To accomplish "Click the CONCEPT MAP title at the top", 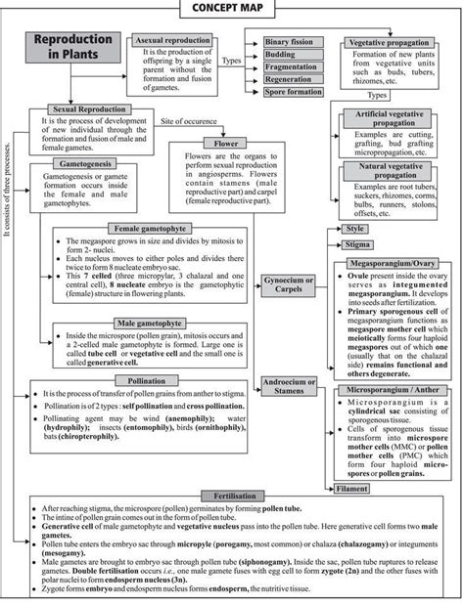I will [232, 9].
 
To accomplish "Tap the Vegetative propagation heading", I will [395, 44].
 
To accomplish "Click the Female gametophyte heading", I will [154, 227].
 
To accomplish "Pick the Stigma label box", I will [358, 244].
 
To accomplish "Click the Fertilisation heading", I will [230, 498].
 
